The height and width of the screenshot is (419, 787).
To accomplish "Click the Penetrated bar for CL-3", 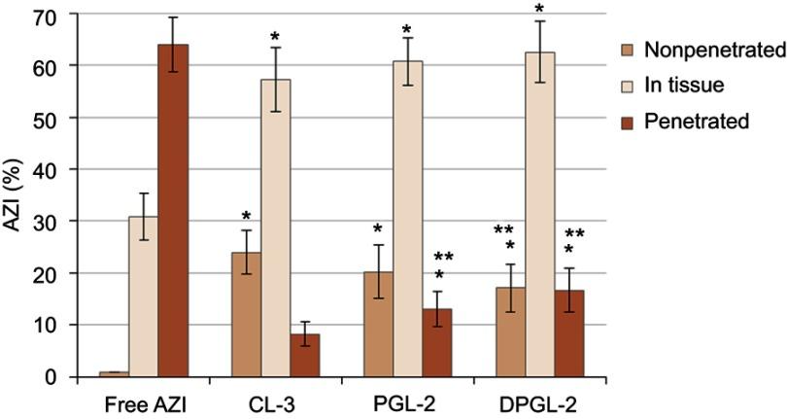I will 305,355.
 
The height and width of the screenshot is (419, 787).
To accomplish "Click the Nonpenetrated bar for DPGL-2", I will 510,332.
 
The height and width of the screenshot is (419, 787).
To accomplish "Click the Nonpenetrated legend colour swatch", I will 629,49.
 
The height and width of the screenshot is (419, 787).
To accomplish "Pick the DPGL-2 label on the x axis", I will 540,401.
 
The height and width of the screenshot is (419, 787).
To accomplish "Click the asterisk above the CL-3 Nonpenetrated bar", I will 247,217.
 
